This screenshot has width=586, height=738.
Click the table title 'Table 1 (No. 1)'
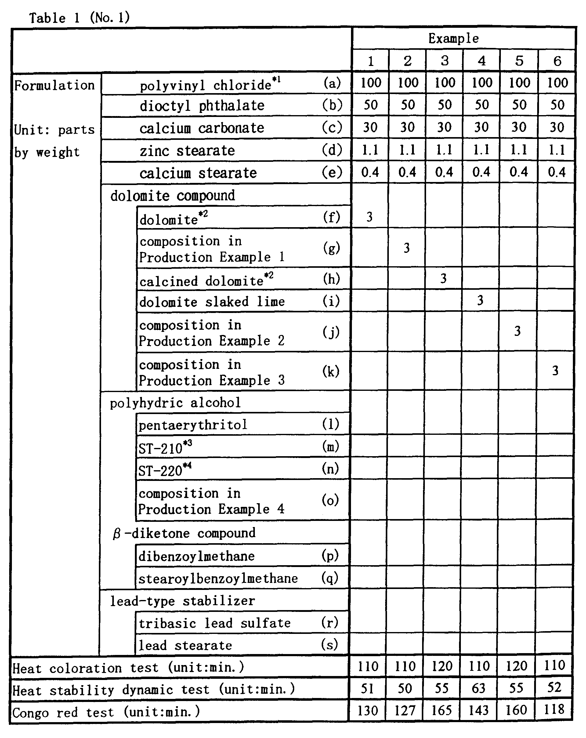click(x=79, y=18)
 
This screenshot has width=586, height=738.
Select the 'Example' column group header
click(x=453, y=39)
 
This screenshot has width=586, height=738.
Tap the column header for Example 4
click(x=481, y=61)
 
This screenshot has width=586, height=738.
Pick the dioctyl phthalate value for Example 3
click(x=444, y=105)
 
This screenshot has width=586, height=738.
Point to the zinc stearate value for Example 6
click(x=557, y=150)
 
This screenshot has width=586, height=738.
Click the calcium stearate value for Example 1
click(x=370, y=172)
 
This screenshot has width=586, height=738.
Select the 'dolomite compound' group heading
click(x=172, y=196)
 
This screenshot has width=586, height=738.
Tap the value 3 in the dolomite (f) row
click(x=370, y=217)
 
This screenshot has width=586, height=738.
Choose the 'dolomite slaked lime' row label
click(x=212, y=302)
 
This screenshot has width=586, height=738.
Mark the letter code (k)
click(x=331, y=371)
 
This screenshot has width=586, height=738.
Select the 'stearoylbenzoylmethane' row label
click(x=218, y=579)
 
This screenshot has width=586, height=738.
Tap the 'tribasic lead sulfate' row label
click(x=215, y=623)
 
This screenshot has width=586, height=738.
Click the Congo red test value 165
click(x=441, y=711)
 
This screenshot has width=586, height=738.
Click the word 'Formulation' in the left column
click(x=54, y=85)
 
